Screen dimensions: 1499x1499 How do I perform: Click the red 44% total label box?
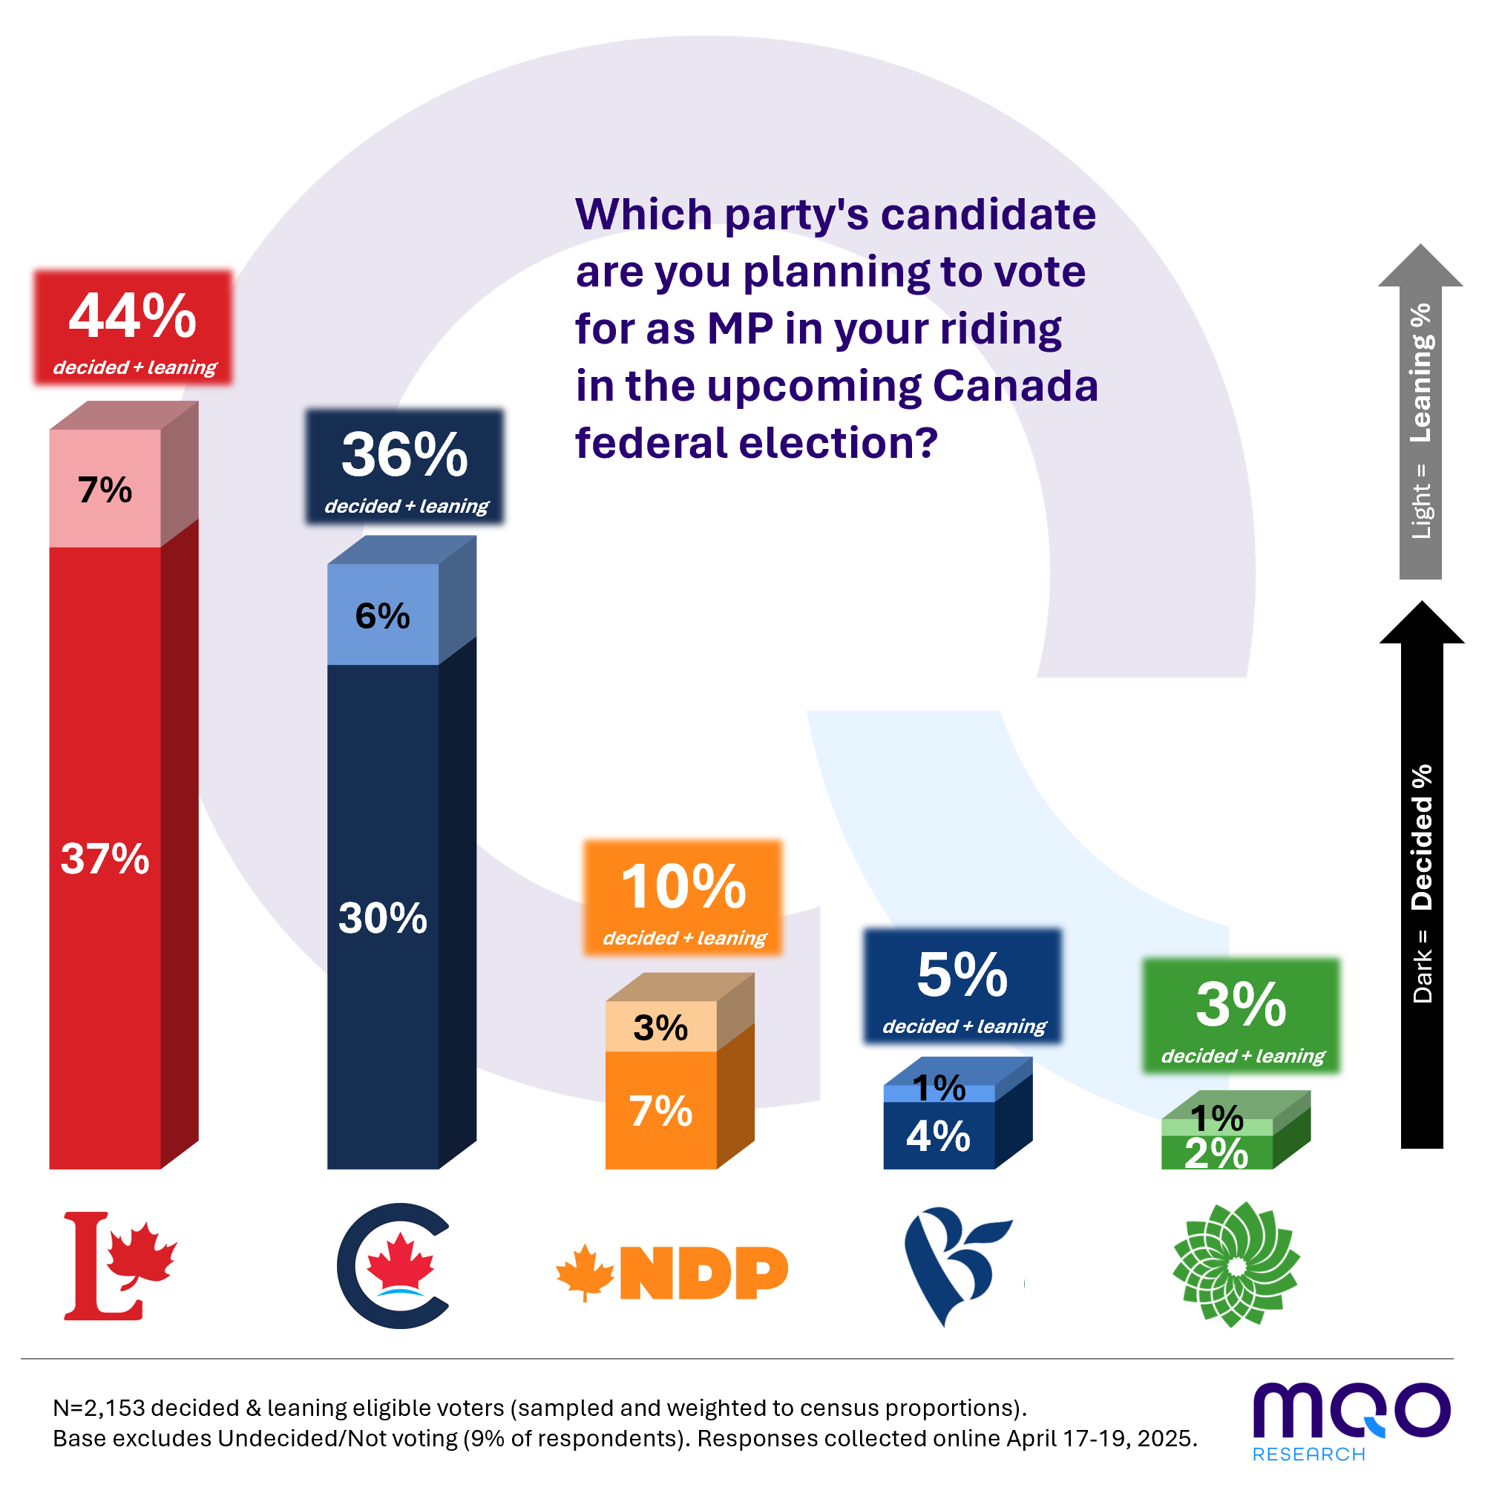(x=133, y=327)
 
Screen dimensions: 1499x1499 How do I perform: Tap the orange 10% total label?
(x=683, y=898)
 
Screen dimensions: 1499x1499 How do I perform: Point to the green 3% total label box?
(x=1241, y=1017)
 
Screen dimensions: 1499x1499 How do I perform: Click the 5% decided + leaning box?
(x=963, y=987)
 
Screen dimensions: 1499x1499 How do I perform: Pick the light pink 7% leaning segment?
(x=105, y=489)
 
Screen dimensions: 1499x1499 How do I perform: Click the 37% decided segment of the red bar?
(x=105, y=858)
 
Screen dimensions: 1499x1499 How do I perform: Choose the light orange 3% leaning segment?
(x=661, y=1026)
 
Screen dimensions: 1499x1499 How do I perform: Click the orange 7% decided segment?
(x=661, y=1110)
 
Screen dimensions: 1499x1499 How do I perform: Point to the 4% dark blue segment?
(x=939, y=1136)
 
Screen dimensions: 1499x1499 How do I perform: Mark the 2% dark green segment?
(x=1217, y=1153)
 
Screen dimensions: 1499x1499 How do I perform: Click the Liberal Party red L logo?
(x=120, y=1266)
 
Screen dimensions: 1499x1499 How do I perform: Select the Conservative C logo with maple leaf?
(x=393, y=1266)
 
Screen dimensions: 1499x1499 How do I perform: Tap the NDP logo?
(x=672, y=1273)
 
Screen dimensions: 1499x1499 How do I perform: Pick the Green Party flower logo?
(x=1237, y=1265)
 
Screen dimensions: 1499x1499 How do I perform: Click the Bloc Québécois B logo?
(x=959, y=1266)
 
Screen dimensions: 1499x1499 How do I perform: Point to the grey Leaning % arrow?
(x=1420, y=411)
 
